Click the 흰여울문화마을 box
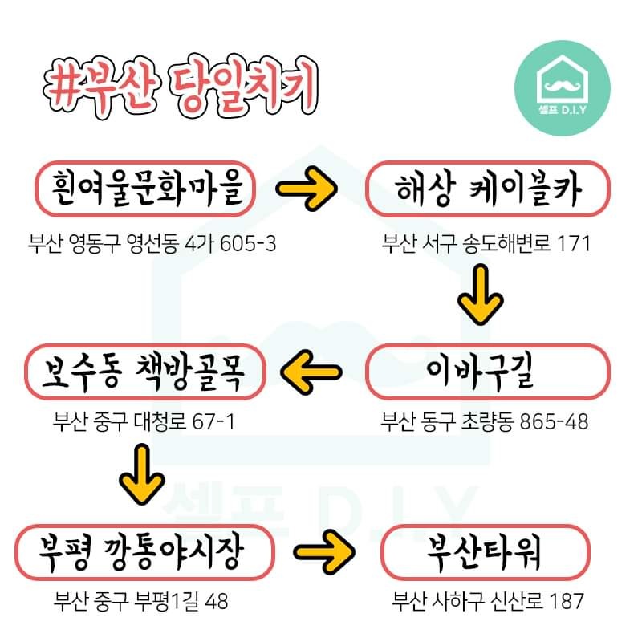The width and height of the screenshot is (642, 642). pos(145,191)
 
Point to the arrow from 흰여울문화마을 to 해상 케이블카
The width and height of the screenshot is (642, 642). pos(308,190)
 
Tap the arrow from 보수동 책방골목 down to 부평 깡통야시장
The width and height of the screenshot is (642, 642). pos(142,473)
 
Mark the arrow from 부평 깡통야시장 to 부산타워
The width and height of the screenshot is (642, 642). pos(326,551)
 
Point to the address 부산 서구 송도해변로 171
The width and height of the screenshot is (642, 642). pos(486,242)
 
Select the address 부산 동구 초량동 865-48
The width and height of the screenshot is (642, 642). pos(485,421)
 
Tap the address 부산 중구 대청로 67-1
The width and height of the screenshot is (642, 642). pos(144,421)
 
